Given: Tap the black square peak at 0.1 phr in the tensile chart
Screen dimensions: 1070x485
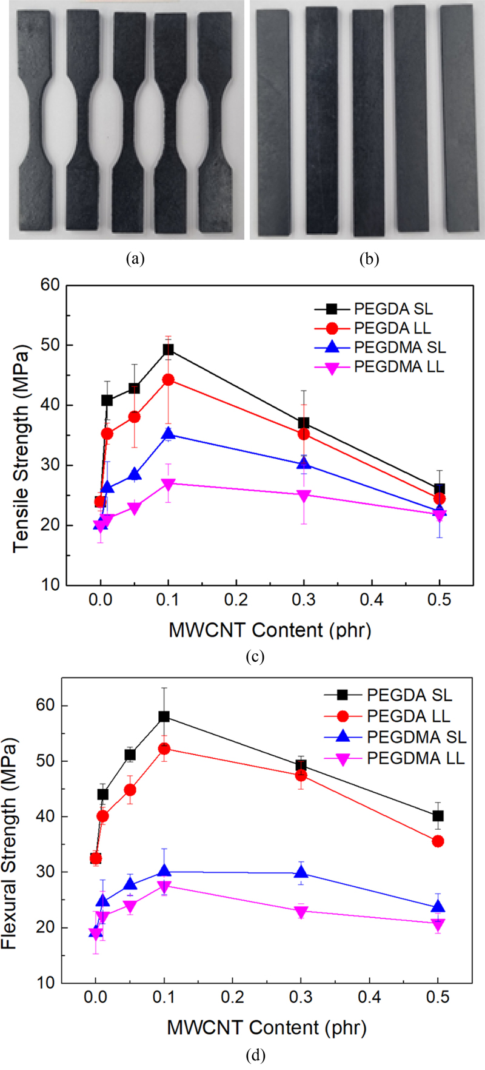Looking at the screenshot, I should point(168,349).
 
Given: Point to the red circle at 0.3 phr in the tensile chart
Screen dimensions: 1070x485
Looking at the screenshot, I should point(304,434).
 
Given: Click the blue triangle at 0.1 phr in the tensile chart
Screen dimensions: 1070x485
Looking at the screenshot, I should point(168,434).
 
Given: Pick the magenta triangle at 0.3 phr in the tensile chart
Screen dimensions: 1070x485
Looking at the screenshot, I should point(304,496).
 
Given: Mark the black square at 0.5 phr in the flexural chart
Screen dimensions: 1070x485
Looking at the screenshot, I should point(438,816).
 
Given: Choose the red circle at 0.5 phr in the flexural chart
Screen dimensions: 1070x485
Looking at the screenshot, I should point(438,841).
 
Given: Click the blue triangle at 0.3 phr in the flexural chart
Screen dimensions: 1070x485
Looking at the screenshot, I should point(301,873).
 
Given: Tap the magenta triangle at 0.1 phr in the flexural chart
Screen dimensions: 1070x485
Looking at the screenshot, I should point(164,886).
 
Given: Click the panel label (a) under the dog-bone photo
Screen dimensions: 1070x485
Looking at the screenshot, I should point(135,259).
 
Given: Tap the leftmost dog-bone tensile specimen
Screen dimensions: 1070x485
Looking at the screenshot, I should point(38,121).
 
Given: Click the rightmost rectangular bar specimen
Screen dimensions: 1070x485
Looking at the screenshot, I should point(460,118).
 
